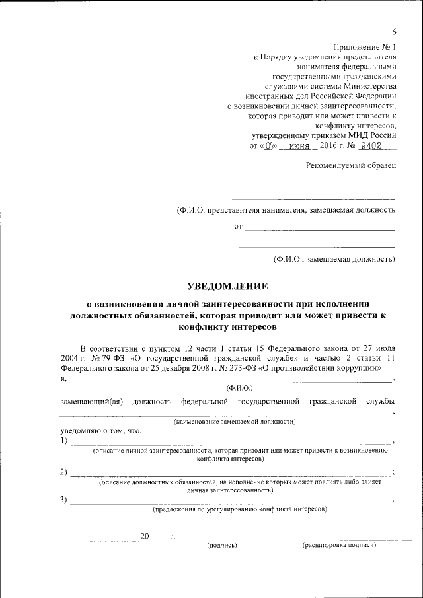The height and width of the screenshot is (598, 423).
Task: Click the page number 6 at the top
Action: click(x=394, y=32)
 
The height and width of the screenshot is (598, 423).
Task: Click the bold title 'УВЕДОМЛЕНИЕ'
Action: click(x=227, y=286)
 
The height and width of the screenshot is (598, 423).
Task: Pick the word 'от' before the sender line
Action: click(x=239, y=227)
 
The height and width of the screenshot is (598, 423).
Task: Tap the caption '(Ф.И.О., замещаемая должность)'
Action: click(x=334, y=259)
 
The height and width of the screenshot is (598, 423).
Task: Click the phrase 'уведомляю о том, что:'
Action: click(x=100, y=430)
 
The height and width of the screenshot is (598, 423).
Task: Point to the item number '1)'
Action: click(x=63, y=441)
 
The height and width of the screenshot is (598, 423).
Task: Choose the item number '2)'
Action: click(x=63, y=472)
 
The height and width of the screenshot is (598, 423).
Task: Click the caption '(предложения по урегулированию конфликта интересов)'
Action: click(x=239, y=509)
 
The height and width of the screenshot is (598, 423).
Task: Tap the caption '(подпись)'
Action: click(x=221, y=546)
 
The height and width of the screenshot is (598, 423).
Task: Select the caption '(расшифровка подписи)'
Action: click(x=338, y=546)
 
